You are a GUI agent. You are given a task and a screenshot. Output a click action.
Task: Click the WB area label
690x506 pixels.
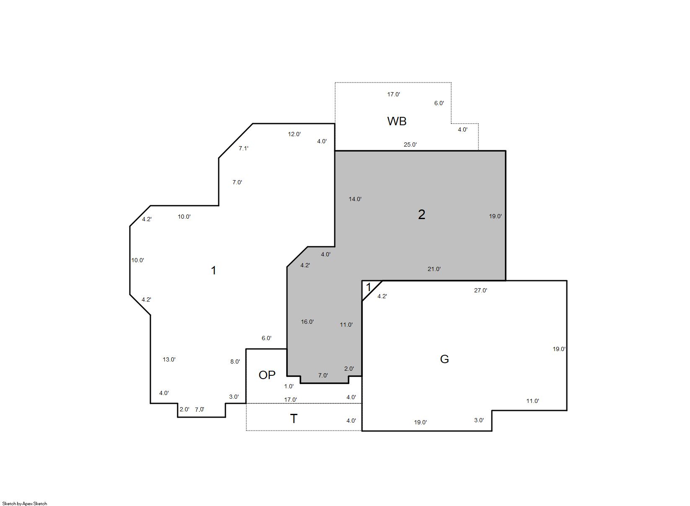pyautogui.click(x=397, y=121)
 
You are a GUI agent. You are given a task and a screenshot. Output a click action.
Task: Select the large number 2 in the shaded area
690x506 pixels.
pyautogui.click(x=421, y=214)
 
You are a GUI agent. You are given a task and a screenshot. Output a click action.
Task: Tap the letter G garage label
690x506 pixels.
pyautogui.click(x=444, y=359)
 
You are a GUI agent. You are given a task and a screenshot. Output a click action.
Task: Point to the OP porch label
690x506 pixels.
pyautogui.click(x=267, y=375)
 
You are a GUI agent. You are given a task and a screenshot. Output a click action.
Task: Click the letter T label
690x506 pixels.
pyautogui.click(x=294, y=419)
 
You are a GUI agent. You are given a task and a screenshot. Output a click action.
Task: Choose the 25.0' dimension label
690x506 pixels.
pyautogui.click(x=410, y=145)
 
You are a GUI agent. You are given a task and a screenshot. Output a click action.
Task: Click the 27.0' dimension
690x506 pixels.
pyautogui.click(x=481, y=290)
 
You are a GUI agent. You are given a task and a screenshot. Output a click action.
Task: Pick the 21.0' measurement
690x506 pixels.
pyautogui.click(x=434, y=269)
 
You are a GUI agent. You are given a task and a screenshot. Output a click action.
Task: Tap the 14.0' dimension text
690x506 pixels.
pyautogui.click(x=355, y=199)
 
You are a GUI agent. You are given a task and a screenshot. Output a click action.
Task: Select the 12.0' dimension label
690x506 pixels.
pyautogui.click(x=294, y=134)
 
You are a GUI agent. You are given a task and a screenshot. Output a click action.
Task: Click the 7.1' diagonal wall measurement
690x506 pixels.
pyautogui.click(x=243, y=148)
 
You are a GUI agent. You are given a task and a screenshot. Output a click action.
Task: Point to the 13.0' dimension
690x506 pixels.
pyautogui.click(x=169, y=359)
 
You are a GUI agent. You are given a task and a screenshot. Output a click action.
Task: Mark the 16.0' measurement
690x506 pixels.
pyautogui.click(x=307, y=322)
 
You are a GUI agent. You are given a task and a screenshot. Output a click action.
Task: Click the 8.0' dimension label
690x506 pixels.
pyautogui.click(x=235, y=361)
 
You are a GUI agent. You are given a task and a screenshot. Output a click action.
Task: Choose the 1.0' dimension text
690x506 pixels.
pyautogui.click(x=289, y=386)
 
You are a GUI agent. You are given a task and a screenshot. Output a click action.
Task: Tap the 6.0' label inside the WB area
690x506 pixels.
pyautogui.click(x=439, y=103)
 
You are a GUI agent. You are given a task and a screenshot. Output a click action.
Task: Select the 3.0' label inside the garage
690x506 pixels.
pyautogui.click(x=479, y=421)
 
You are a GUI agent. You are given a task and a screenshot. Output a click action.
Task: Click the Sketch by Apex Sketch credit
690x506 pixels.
pyautogui.click(x=25, y=503)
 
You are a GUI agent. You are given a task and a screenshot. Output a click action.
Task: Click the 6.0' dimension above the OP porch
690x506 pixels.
pyautogui.click(x=266, y=338)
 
